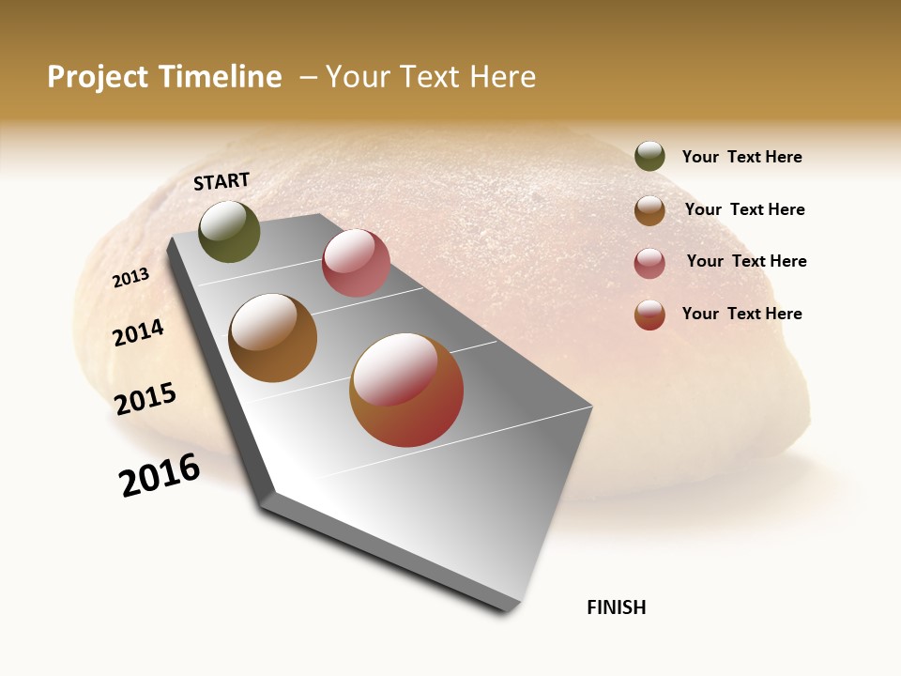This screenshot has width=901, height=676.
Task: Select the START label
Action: coord(221,181)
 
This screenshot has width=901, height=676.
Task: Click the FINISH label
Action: coord(617,607)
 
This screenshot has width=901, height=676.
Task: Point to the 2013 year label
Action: coord(130,278)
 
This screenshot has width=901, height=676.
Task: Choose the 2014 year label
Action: coord(138,332)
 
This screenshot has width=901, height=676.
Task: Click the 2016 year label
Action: coord(160,475)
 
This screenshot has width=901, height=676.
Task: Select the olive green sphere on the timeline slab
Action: coord(229,231)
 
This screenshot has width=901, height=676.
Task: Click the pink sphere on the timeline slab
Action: coord(356,263)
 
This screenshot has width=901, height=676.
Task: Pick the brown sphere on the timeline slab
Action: coord(273,338)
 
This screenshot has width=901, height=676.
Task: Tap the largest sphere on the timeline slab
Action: coord(406,390)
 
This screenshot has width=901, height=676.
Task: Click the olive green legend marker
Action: coord(649,156)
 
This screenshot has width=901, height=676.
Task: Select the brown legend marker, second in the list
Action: coord(649,210)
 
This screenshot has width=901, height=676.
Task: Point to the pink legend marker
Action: coord(649,263)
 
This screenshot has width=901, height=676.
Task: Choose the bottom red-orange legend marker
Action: coord(649,315)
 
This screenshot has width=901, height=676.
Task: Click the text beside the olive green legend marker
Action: coord(741,158)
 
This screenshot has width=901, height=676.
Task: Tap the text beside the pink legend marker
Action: coord(746,261)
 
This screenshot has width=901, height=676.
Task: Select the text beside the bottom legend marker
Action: coord(741,314)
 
